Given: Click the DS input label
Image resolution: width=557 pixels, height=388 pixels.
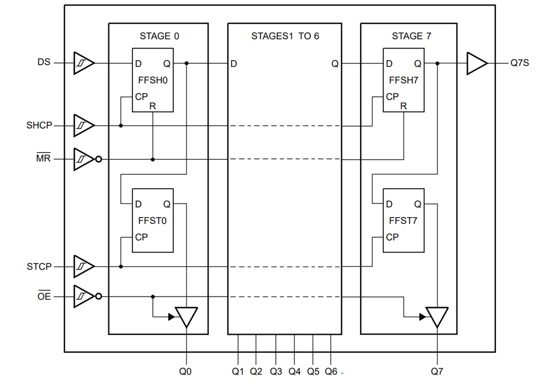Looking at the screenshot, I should (x=44, y=62).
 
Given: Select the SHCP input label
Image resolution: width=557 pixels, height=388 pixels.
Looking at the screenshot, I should (x=39, y=125).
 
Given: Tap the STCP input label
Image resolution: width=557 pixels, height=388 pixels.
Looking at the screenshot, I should (x=39, y=267).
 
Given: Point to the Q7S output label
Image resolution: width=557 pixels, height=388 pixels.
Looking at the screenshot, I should (x=519, y=63).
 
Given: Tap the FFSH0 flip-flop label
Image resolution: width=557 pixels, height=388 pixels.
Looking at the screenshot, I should (x=153, y=80).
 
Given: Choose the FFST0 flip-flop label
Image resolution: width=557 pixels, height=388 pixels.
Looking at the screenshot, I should (x=152, y=221).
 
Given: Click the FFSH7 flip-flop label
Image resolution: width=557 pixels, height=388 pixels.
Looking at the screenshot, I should (x=403, y=80).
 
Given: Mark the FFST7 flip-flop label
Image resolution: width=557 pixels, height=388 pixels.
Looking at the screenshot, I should (x=403, y=221).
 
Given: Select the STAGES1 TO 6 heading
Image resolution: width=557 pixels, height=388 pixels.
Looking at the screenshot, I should (x=285, y=36).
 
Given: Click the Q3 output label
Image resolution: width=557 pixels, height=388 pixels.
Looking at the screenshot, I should (x=276, y=371).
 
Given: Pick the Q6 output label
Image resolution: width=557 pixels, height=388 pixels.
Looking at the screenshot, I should (x=331, y=371).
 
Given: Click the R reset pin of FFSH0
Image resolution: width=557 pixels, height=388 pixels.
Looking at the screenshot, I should (x=152, y=106).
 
